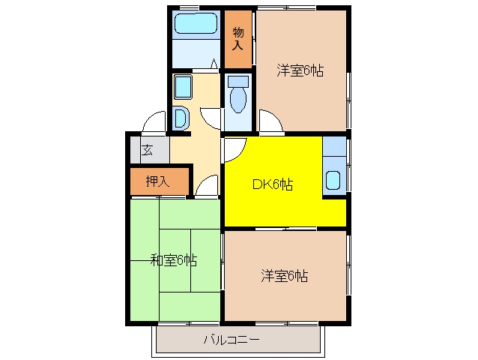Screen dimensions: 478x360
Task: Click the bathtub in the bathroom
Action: click(x=196, y=23)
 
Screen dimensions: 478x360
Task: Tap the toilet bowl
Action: click(x=238, y=100)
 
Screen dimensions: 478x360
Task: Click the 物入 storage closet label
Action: click(x=238, y=39)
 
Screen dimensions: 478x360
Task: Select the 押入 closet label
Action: click(x=157, y=181)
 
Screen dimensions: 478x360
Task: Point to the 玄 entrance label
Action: click(x=148, y=150)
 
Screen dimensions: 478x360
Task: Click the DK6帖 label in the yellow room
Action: click(x=273, y=184)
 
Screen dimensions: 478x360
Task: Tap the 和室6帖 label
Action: click(x=174, y=260)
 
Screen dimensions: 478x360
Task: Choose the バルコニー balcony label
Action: click(x=232, y=340)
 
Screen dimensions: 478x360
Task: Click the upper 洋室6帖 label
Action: click(x=300, y=70)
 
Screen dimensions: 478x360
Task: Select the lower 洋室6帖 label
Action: click(x=284, y=276)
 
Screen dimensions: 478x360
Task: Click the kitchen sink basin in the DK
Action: click(x=333, y=180)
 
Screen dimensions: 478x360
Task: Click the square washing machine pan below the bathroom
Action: click(x=183, y=87)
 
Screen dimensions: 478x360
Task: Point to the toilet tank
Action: click(x=238, y=81)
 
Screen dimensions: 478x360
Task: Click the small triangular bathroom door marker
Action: click(x=214, y=64)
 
